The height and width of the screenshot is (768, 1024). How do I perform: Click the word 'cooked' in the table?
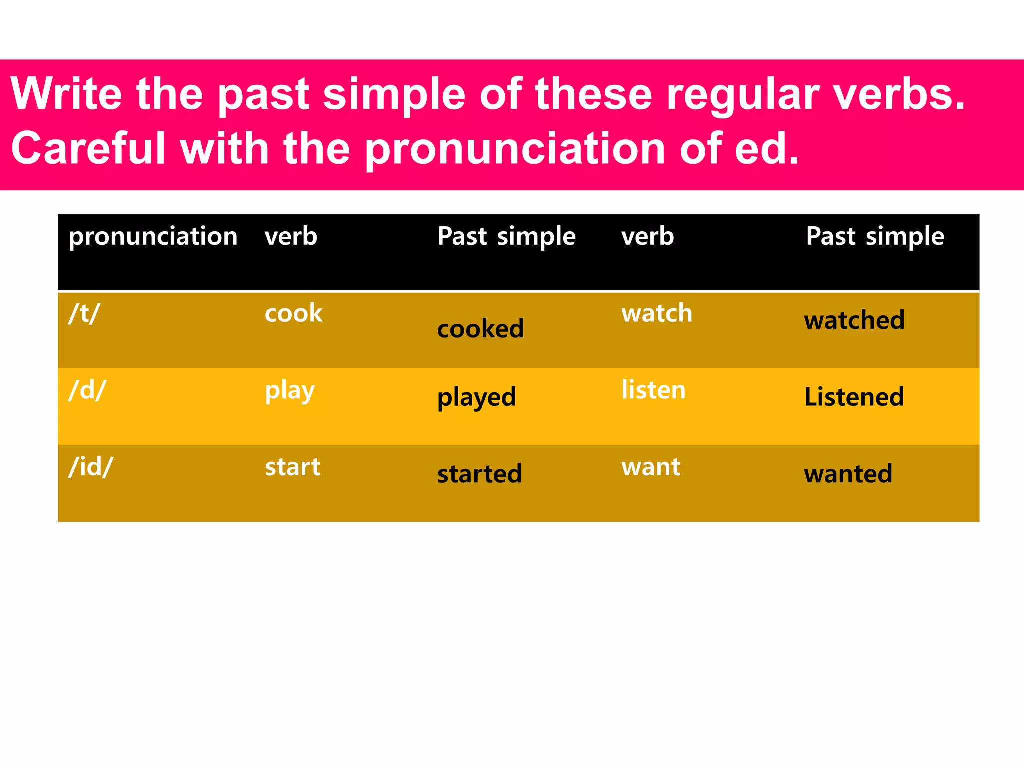[480, 329]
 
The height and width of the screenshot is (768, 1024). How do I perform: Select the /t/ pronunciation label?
[84, 314]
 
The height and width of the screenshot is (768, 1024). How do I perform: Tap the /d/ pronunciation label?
[87, 390]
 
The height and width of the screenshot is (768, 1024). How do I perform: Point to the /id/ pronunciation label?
[91, 467]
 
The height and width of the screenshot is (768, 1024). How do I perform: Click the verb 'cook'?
[293, 314]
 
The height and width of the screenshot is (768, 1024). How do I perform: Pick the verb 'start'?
[292, 467]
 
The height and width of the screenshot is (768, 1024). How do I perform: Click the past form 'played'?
[476, 398]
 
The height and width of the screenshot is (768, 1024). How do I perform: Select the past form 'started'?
[479, 474]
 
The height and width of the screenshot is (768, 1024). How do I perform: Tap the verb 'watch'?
[656, 314]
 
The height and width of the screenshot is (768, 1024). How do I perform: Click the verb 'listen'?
[653, 390]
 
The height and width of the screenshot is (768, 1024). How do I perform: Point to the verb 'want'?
[650, 467]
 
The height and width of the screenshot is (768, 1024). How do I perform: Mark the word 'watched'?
[854, 320]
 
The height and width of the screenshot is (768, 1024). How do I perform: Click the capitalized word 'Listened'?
[854, 397]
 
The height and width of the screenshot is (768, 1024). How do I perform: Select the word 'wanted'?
[848, 474]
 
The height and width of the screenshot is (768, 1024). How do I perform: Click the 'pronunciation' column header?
[153, 236]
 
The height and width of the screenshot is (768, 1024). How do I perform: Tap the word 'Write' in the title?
[66, 94]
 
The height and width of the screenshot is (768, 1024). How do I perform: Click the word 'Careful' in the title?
[88, 148]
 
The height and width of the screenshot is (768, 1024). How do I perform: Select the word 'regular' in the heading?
[743, 95]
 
